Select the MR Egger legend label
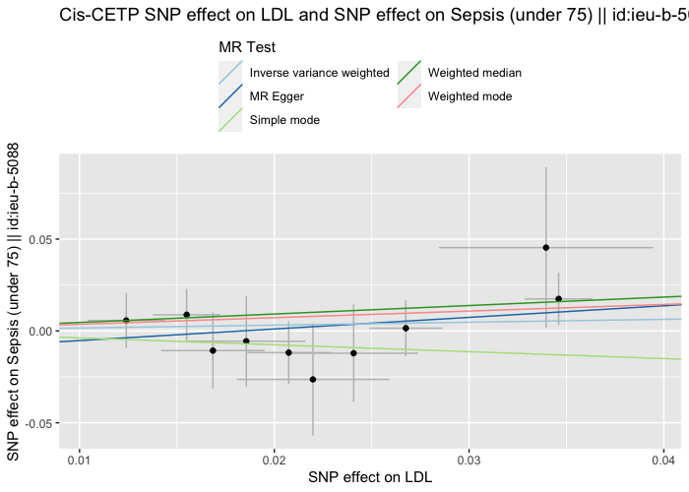(x=277, y=96)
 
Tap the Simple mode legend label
(x=284, y=120)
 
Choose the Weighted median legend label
(x=474, y=73)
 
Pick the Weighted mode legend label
(x=470, y=96)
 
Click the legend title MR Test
(x=247, y=47)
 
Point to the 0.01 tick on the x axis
(x=81, y=459)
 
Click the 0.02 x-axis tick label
(x=275, y=459)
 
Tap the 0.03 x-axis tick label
(x=470, y=459)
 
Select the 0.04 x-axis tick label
(x=663, y=459)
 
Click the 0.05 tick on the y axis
(x=36, y=240)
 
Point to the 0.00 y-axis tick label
(x=36, y=332)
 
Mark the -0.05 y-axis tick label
(x=34, y=423)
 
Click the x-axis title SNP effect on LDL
(x=370, y=477)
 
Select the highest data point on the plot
(x=545, y=248)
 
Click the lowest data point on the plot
(x=313, y=379)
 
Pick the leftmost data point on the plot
(x=126, y=320)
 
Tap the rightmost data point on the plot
(x=558, y=298)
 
